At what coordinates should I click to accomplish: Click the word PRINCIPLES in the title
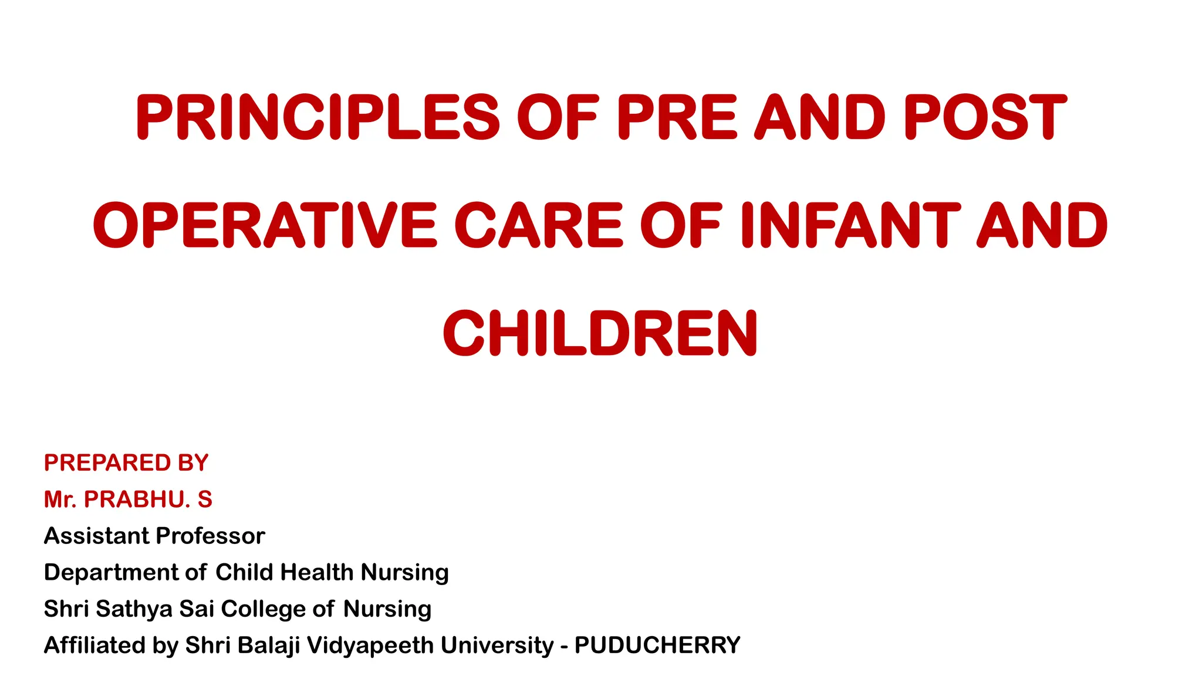pos(318,117)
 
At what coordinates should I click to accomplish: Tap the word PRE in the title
pos(676,117)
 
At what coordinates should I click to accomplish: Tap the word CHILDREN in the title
pos(600,334)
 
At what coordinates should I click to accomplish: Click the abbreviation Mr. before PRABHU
pos(60,499)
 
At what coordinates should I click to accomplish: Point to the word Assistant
pos(96,536)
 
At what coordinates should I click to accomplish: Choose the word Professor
pos(211,536)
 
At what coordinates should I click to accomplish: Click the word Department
pos(111,572)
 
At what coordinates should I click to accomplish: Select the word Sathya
pos(134,609)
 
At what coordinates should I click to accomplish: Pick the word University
pos(497,645)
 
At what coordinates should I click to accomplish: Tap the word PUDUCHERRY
pos(657,645)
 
